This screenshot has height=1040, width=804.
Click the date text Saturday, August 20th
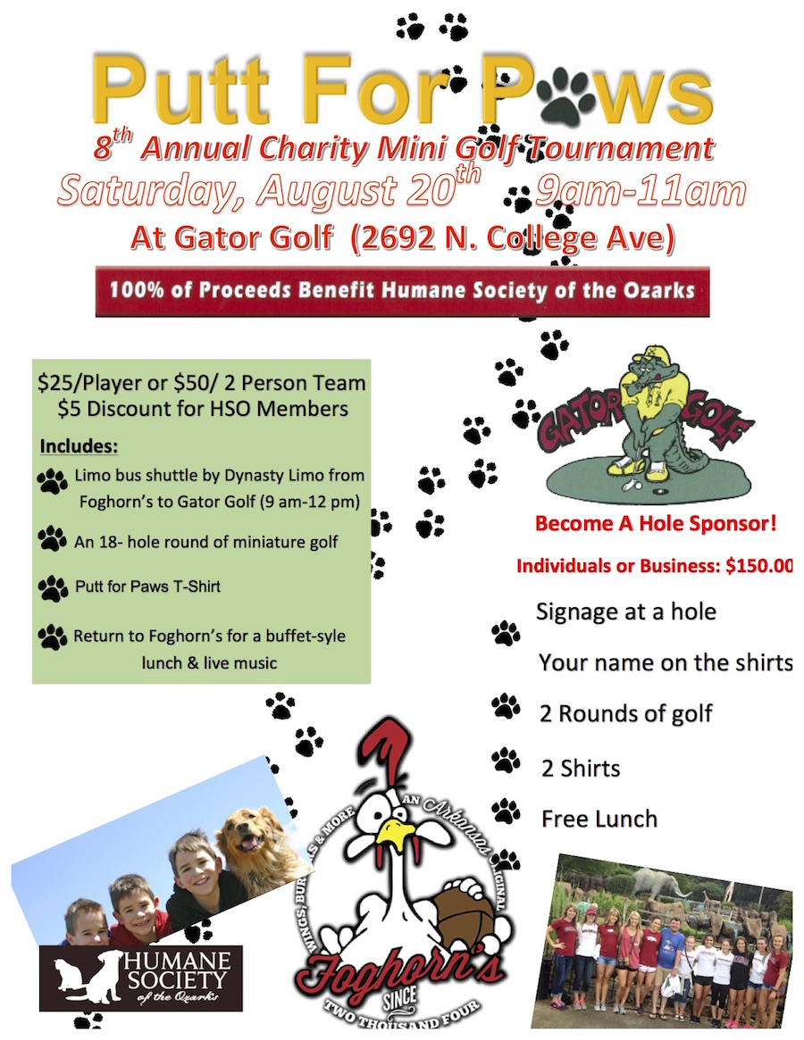click(x=269, y=191)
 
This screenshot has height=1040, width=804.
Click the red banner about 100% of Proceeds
click(x=402, y=291)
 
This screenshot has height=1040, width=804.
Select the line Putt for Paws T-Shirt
click(x=147, y=587)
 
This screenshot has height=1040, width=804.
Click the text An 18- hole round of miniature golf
click(x=206, y=539)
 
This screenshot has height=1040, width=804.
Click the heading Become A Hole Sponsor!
click(x=655, y=523)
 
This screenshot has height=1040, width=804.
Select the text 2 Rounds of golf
click(x=625, y=713)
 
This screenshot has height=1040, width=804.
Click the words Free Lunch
click(x=599, y=818)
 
